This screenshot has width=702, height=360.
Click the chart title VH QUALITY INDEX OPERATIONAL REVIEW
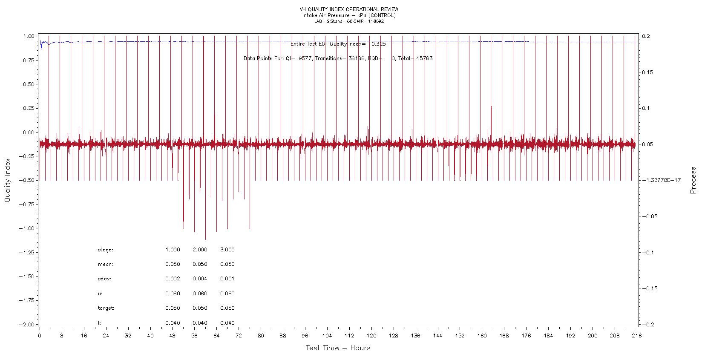pos(349,9)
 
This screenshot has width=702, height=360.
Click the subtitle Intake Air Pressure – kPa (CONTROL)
pos(349,15)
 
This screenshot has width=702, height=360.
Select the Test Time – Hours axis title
pos(338,348)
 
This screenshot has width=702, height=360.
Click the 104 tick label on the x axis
pos(327,335)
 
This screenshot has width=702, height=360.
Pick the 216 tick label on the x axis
pos(637,335)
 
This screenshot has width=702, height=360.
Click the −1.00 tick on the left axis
pos(26,228)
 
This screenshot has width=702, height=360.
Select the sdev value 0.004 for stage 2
pos(200,279)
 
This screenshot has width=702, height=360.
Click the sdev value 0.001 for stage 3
pos(227,279)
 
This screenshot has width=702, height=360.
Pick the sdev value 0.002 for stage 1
pos(173,279)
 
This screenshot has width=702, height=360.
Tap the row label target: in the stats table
pos(106,308)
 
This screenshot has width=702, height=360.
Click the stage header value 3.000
pos(227,250)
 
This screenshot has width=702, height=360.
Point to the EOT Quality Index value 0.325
pos(379,44)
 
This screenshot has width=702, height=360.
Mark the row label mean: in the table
pos(106,264)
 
